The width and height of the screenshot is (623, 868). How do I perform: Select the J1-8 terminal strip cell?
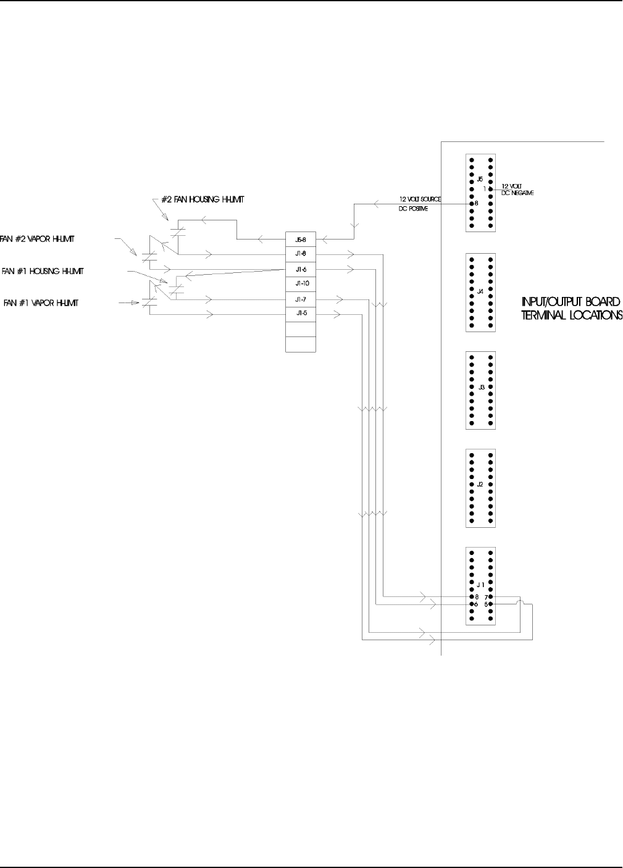(301, 254)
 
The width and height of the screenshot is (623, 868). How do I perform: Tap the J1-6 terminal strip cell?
(301, 269)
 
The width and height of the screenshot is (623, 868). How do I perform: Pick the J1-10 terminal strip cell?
(301, 284)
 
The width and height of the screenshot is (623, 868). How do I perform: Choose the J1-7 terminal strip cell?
(301, 299)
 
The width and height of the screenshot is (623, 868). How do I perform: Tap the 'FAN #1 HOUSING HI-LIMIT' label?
(43, 270)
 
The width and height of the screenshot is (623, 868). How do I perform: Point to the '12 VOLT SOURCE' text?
(420, 199)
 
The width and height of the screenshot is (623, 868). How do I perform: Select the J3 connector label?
(481, 387)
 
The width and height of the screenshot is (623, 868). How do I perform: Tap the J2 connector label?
(481, 485)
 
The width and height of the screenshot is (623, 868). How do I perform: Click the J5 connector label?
(481, 179)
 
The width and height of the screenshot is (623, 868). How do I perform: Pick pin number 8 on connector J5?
(477, 202)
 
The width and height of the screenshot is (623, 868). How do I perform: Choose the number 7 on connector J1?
(486, 597)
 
